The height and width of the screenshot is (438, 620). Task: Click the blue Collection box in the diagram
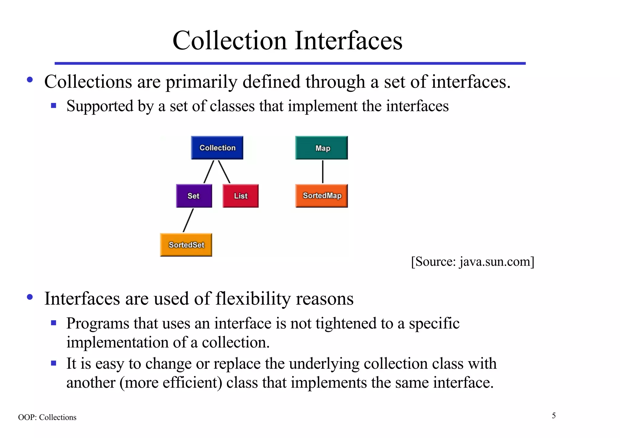coord(217,148)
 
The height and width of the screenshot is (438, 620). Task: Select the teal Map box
coord(322,148)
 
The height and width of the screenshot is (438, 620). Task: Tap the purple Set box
coord(194,196)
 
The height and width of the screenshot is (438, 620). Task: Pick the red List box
coord(241,196)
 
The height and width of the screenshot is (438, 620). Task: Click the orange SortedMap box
coord(322,196)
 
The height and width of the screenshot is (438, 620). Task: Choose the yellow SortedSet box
coord(186,245)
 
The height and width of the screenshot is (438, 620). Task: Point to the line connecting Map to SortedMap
coord(323,172)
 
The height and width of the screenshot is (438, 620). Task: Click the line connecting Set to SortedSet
coord(188,220)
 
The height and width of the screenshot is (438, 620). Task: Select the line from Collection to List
coord(224,172)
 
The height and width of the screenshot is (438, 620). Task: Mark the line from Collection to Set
coord(209,172)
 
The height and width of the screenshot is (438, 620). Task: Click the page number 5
coord(554,416)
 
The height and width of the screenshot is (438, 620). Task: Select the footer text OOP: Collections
coord(47,417)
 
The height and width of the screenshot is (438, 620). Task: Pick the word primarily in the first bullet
coord(201,82)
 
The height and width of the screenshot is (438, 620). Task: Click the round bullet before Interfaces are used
coord(30,297)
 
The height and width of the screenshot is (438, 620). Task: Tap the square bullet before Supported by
coord(54,106)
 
